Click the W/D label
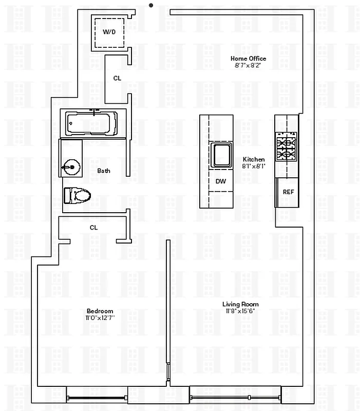(x=109, y=32)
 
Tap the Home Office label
(x=248, y=59)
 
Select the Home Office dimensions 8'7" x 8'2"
(x=248, y=66)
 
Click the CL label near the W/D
(x=117, y=78)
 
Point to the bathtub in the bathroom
(x=92, y=123)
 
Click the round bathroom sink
(x=71, y=166)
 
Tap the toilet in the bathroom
(x=77, y=195)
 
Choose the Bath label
(x=104, y=171)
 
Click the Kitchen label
(x=254, y=159)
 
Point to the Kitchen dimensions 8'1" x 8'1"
(x=254, y=166)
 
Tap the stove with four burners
(x=287, y=147)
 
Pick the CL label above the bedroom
(x=93, y=227)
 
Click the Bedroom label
(x=100, y=311)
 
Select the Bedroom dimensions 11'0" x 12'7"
(x=100, y=318)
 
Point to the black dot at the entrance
(x=150, y=5)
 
